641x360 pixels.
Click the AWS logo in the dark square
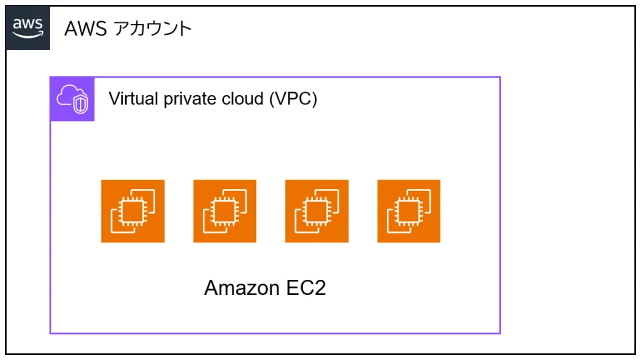click(x=28, y=28)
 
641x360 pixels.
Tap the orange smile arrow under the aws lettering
click(x=28, y=36)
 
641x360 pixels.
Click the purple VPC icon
click(x=73, y=99)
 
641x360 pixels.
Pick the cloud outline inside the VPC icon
click(x=68, y=95)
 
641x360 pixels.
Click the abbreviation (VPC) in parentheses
click(x=293, y=99)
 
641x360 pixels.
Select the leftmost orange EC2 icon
click(x=133, y=211)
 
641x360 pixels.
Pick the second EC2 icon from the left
click(x=225, y=211)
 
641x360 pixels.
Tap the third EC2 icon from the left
click(x=317, y=211)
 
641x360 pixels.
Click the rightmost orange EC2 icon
click(x=409, y=211)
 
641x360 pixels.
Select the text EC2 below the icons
click(x=305, y=288)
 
